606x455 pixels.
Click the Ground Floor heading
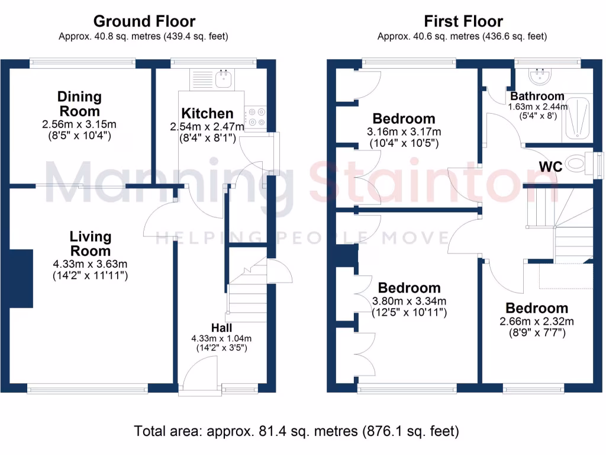tap(144, 22)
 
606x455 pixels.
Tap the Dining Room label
tap(79, 104)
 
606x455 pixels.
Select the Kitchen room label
tap(207, 113)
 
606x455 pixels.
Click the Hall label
tap(221, 328)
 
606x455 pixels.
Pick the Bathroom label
tap(537, 96)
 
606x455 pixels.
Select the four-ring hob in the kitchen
tap(256, 117)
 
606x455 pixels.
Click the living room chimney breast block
tap(21, 278)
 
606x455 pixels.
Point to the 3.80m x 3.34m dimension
tap(409, 301)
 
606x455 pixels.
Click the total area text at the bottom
tap(296, 431)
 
